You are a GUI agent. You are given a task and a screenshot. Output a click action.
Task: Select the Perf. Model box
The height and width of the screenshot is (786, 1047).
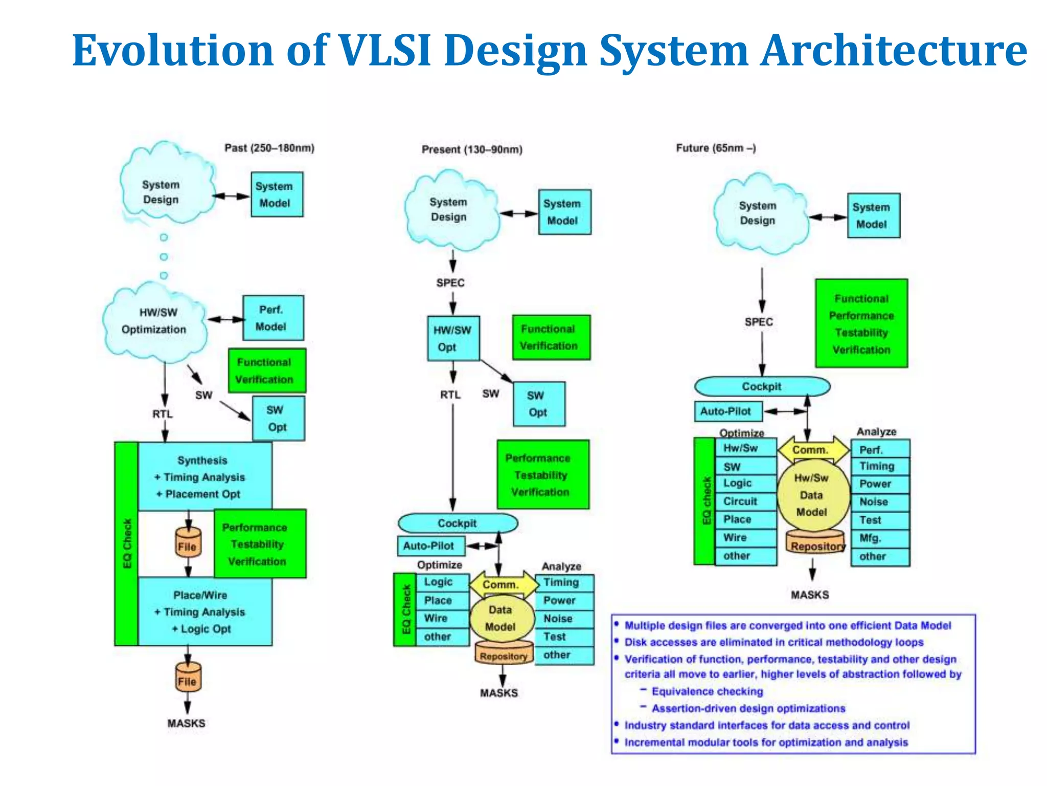coord(273,318)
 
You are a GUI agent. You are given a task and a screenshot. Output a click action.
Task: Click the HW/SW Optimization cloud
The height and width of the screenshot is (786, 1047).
coord(154,321)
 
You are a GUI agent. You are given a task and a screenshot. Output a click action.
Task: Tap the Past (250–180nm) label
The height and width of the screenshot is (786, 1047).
coord(269,148)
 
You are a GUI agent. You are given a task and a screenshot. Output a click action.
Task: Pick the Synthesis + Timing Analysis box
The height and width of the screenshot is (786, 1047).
coord(204,476)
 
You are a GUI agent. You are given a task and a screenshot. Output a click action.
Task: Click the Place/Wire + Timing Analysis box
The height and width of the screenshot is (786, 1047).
coord(204,612)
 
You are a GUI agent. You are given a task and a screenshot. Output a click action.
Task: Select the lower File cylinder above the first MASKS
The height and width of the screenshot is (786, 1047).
coord(188,678)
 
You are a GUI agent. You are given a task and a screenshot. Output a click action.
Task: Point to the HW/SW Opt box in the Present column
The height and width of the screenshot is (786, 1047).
coord(453,338)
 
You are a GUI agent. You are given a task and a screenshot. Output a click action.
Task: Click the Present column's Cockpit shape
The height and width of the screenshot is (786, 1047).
coord(458,523)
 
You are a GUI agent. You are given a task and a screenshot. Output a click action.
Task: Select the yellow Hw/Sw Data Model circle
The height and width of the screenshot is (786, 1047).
coord(812,495)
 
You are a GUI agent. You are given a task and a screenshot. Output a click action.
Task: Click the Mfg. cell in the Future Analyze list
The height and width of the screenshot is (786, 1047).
coord(880,538)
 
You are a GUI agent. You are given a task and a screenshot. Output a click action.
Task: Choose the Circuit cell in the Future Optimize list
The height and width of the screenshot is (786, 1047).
coord(745,501)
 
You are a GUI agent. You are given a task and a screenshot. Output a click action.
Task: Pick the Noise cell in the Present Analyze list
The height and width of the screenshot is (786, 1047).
coord(564,619)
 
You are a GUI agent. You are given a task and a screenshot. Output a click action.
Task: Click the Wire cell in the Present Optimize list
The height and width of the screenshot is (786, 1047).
coord(442,619)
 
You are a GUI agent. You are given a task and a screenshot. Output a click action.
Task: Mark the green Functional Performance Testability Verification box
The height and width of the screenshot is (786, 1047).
coord(861,323)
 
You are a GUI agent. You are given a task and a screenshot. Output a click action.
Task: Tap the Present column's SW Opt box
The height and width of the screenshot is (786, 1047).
coord(539,404)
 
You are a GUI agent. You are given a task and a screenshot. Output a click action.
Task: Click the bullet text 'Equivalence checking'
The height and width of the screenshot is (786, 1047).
coord(707,691)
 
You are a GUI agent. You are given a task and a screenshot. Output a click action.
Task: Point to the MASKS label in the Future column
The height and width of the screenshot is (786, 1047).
coord(810,595)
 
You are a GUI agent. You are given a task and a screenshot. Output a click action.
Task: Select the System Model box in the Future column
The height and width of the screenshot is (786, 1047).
coord(873,215)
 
